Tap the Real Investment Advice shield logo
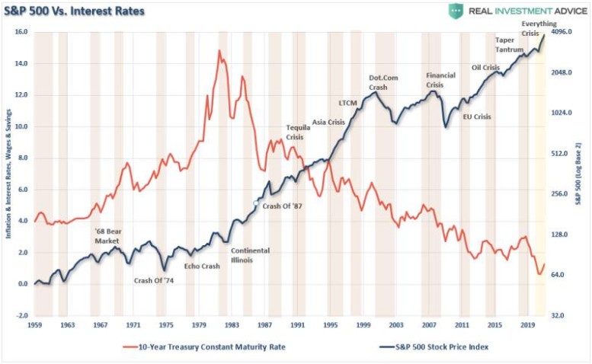[x=456, y=11]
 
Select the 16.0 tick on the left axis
[x=21, y=32]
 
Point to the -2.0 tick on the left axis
[x=21, y=315]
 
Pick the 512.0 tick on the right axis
[x=561, y=153]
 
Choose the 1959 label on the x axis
[x=34, y=325]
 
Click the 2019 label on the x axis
[x=526, y=325]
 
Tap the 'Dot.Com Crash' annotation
[x=383, y=82]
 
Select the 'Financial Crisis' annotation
[x=440, y=80]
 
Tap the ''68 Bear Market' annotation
[x=107, y=235]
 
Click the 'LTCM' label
[x=347, y=102]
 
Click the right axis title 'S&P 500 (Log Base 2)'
[x=579, y=175]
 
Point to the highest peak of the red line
[x=219, y=51]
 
